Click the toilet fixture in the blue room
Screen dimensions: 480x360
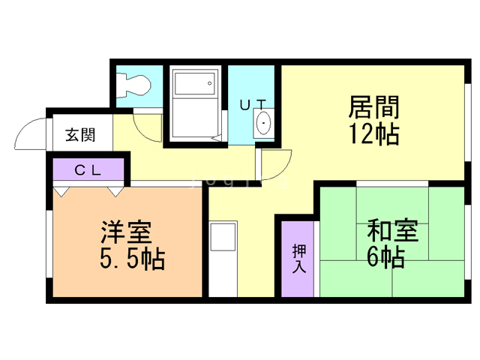coord(133,85)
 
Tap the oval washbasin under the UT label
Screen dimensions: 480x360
coord(263,123)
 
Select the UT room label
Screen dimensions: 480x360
coord(253,105)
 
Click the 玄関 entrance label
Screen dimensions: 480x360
coord(80,135)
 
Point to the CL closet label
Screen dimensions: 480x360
coord(88,170)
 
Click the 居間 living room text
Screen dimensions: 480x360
coord(373,106)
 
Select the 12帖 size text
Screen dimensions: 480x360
coord(374,133)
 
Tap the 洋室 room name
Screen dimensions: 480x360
coord(126,232)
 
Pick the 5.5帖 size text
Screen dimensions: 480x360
coord(132,258)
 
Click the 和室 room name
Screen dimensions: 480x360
coord(393,230)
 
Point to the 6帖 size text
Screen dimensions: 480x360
coord(385,256)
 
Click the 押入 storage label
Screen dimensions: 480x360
coord(299,259)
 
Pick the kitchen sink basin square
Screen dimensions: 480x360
coord(223,237)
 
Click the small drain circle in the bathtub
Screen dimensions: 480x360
coord(210,83)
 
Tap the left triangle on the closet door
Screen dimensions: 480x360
coord(61,192)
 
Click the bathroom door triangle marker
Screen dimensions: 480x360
coord(217,138)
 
